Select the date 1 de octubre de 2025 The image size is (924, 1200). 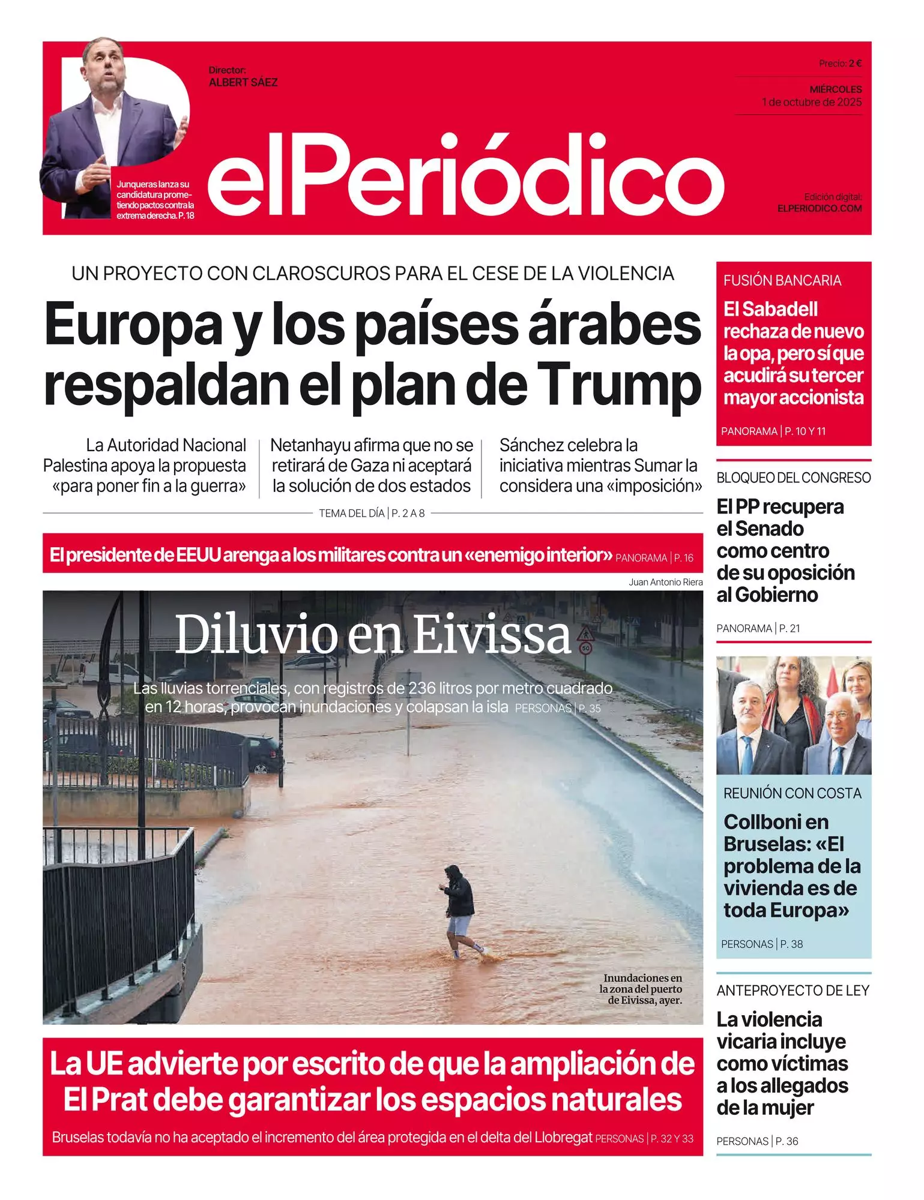pos(812,102)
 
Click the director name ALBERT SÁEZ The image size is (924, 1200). pos(243,83)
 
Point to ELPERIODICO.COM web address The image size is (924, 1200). pos(820,208)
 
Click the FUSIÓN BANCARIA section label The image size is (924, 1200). pos(782,280)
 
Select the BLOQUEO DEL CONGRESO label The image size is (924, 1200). pos(793,478)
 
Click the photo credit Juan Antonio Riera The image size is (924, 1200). pos(665,581)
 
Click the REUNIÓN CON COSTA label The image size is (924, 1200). pos(792,793)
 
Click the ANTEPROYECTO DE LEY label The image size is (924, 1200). pos(793,991)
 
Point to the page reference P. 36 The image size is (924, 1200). pos(787,1141)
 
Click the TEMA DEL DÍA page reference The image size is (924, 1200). pos(372,513)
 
